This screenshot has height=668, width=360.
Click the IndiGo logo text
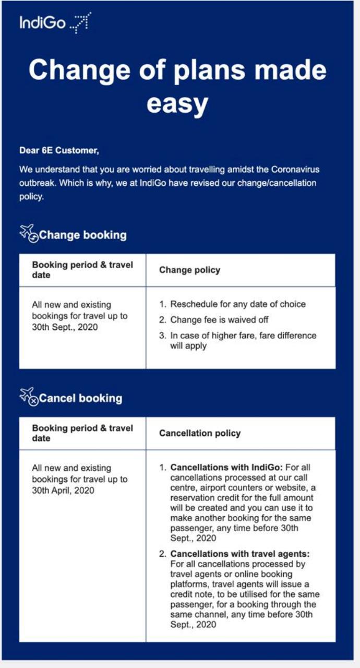(42, 23)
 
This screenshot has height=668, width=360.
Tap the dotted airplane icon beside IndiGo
(80, 23)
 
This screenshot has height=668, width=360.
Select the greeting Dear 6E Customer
(59, 151)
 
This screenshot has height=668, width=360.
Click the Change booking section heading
(83, 235)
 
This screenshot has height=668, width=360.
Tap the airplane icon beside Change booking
(28, 233)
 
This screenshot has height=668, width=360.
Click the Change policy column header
(189, 270)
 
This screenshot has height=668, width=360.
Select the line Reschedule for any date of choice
(238, 304)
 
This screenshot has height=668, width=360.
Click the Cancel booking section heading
(81, 398)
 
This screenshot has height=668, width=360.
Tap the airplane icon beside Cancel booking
(28, 396)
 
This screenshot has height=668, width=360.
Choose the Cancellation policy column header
(200, 433)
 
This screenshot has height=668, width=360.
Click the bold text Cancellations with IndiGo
(226, 468)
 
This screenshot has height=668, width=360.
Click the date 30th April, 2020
(63, 490)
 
